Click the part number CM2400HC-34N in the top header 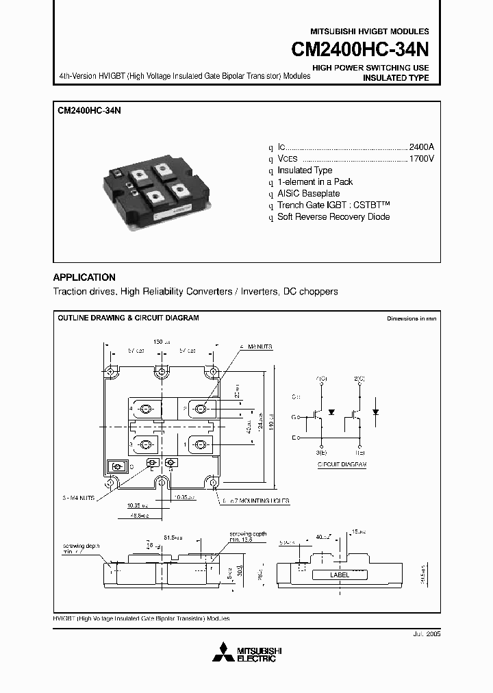point(361,51)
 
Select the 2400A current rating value point(421,147)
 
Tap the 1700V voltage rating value point(421,159)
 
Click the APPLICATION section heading point(84,277)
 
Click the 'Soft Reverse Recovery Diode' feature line point(333,217)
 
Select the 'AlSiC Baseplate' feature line point(308,194)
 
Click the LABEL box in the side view point(340,575)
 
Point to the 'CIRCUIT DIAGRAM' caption point(342,464)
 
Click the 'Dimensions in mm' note point(411,319)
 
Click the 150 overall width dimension point(159,341)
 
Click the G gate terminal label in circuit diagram point(294,416)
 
